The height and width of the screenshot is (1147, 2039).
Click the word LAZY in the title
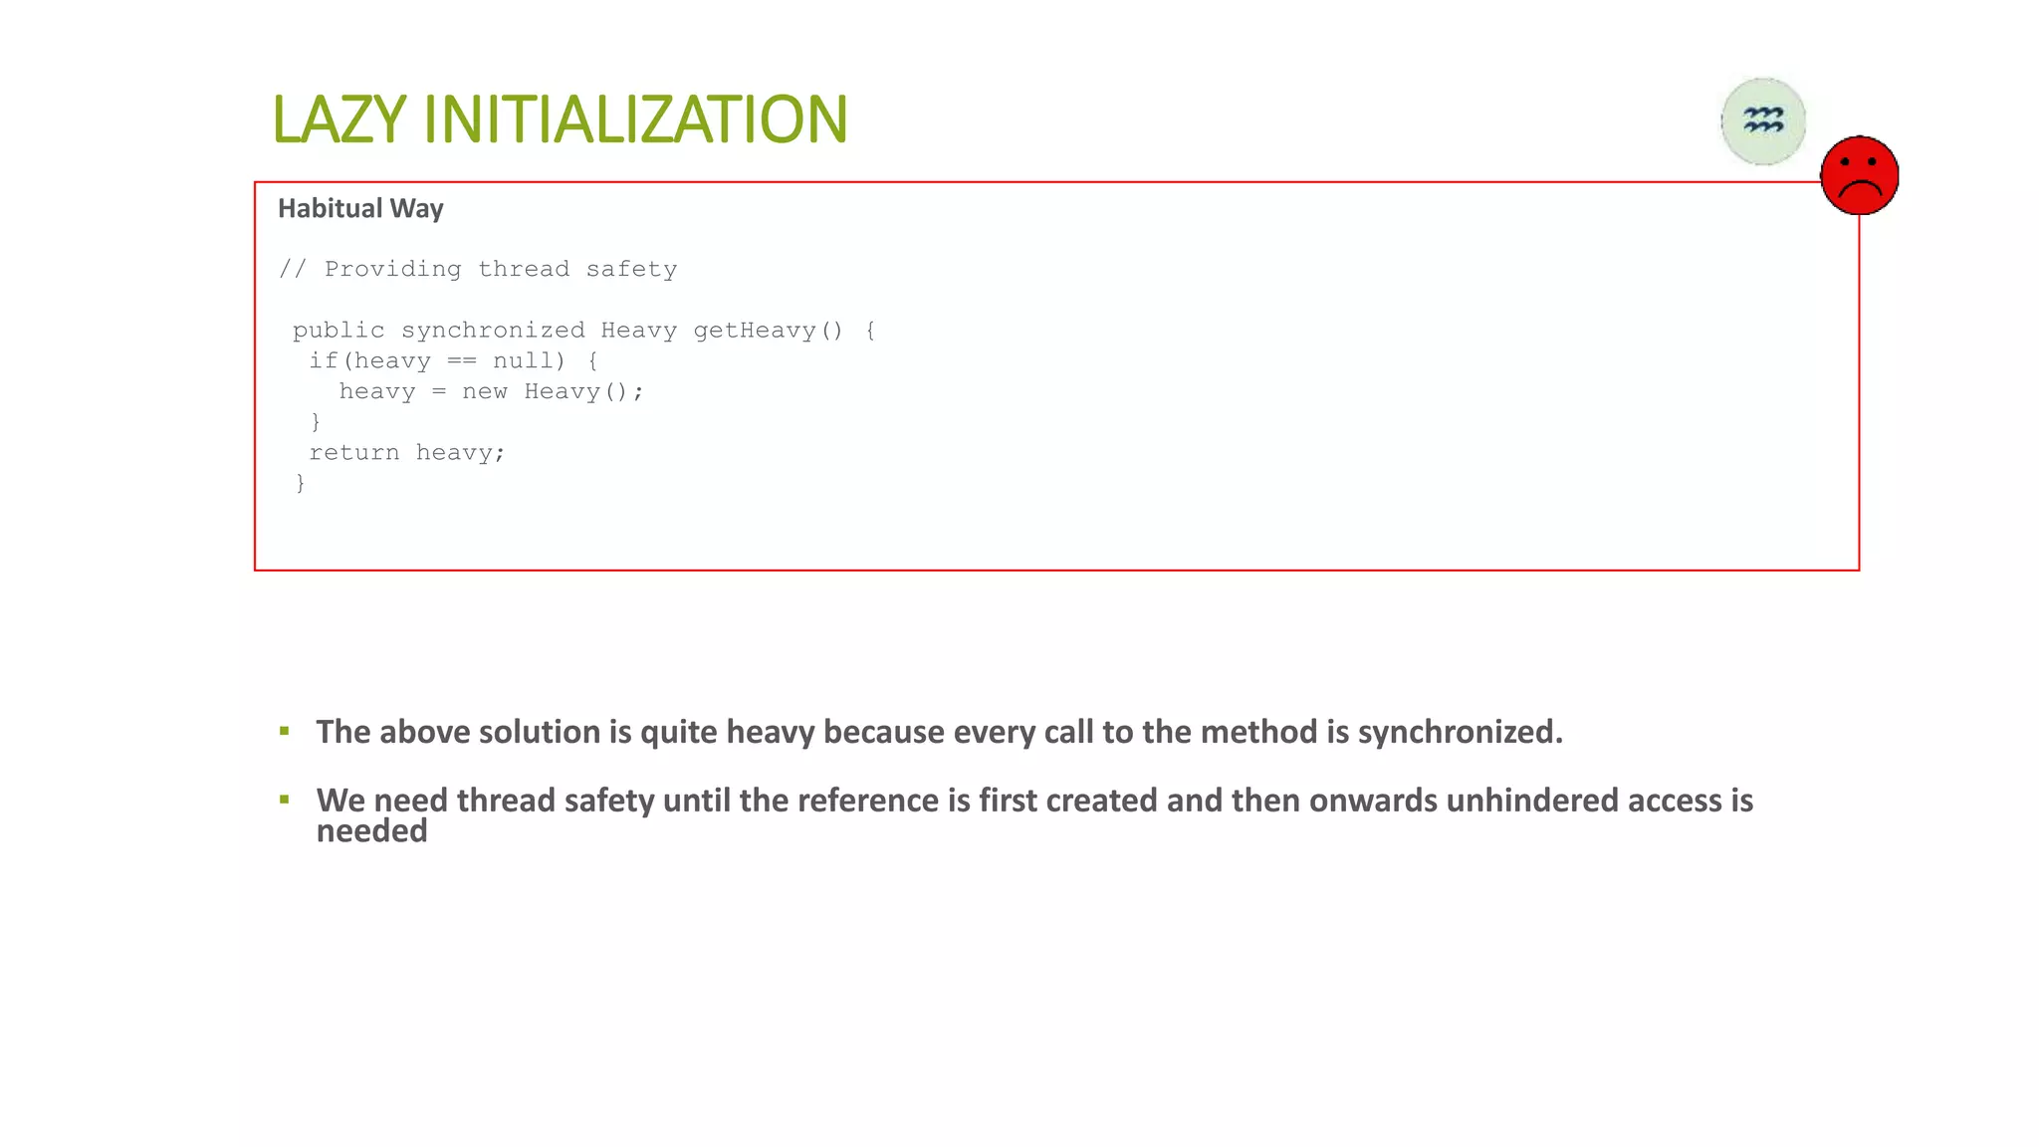point(339,119)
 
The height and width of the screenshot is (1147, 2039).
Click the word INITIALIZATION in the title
point(635,119)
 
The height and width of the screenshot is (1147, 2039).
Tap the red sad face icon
point(1859,175)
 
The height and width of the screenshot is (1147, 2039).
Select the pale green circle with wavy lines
point(1763,121)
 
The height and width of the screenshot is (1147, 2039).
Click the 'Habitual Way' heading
point(360,208)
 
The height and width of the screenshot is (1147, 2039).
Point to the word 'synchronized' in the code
point(493,331)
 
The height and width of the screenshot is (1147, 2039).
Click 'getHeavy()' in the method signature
point(768,331)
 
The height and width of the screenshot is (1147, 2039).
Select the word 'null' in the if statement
point(523,361)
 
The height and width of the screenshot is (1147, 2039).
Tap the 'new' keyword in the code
point(485,392)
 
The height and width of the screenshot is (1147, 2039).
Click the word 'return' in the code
point(353,453)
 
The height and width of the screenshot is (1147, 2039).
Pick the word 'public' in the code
point(339,331)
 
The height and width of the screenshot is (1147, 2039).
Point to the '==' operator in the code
point(461,361)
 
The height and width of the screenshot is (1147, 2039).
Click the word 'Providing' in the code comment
point(392,270)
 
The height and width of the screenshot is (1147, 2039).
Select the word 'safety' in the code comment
point(631,270)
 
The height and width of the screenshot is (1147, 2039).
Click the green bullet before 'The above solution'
point(285,731)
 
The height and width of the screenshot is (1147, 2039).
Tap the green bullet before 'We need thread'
point(285,799)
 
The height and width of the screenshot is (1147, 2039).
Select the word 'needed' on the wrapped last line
point(371,831)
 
